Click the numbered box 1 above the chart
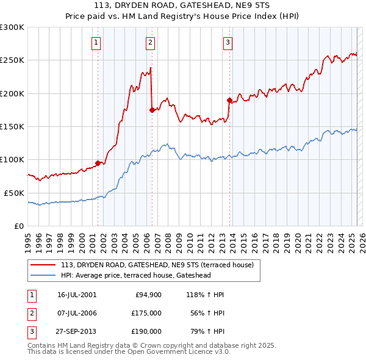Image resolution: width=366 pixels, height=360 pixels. coord(97,43)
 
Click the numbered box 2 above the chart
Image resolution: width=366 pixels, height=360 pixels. coord(150,43)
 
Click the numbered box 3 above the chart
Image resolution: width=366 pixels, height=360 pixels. coord(227,43)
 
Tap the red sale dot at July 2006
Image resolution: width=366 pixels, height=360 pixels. coord(152,110)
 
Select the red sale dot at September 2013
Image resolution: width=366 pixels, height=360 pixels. coord(229,100)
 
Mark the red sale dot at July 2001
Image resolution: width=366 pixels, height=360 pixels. coord(98,163)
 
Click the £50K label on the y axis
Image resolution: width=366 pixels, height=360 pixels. coord(14,193)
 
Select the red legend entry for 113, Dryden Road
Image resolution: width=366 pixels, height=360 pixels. coord(145,265)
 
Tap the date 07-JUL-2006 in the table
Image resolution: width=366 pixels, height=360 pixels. coord(77,313)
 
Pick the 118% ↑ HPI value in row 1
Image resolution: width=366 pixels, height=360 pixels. coord(208,295)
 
